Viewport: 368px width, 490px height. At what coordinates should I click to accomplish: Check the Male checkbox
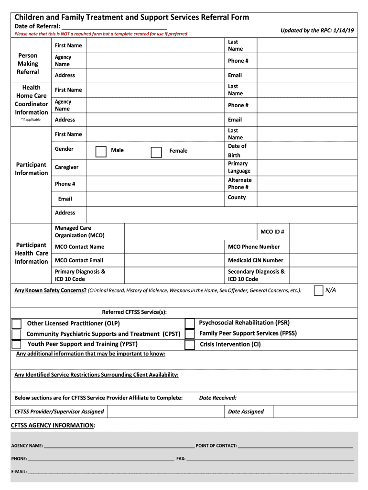coord(101,152)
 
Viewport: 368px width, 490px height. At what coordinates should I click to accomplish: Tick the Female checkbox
coord(156,152)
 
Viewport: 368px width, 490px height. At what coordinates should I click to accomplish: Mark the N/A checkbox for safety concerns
coord(318,290)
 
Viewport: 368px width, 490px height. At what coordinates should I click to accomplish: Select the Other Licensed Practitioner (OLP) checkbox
coord(17,323)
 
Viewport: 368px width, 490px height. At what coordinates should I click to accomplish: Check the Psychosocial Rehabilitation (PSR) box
coord(190,323)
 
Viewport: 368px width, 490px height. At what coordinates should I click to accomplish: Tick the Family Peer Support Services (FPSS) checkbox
coord(190,334)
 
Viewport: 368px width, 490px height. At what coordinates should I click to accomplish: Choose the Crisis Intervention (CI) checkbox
coord(190,345)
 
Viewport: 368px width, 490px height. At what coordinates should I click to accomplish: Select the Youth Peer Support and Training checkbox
coord(17,345)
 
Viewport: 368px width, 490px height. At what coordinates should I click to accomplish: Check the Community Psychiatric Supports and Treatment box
coord(17,334)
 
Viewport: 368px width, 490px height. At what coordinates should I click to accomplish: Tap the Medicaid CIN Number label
coord(255,260)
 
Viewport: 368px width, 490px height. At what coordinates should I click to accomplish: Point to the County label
coord(237,198)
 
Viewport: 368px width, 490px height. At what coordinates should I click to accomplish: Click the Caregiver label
coord(66,167)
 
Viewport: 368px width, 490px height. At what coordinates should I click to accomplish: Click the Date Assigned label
coord(246,412)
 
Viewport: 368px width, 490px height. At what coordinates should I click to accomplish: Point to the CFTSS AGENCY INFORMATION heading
coord(53,425)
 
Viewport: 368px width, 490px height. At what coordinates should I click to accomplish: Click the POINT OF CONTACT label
coord(216,446)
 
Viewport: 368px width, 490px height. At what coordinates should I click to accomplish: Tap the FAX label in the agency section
coord(181,459)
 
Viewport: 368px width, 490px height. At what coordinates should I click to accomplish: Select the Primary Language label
coord(239,167)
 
